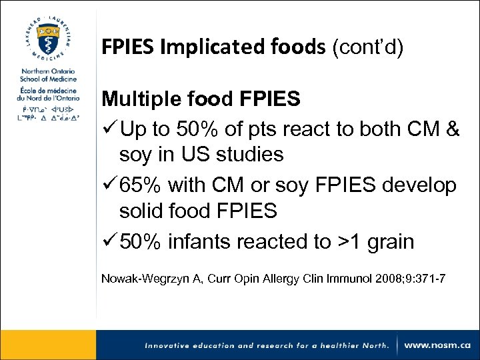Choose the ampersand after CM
[451, 129]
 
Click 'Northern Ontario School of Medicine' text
[48, 75]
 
